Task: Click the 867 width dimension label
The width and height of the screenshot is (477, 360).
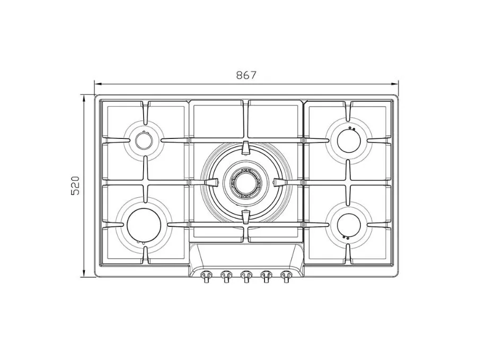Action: click(x=246, y=75)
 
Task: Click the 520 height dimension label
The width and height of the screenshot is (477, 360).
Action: click(x=75, y=186)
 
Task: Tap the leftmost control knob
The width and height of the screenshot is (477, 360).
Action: click(x=206, y=276)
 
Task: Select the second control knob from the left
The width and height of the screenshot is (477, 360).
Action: click(x=225, y=276)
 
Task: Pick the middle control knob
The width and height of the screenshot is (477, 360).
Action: click(x=245, y=276)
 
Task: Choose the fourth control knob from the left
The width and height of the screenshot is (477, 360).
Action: click(x=266, y=276)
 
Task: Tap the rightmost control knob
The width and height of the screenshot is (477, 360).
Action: click(x=286, y=276)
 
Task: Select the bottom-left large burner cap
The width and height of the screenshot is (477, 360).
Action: click(x=144, y=225)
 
